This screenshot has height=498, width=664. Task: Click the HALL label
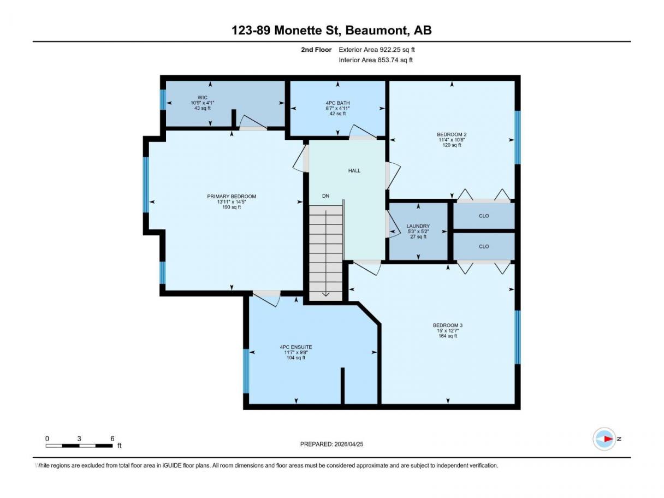(354, 170)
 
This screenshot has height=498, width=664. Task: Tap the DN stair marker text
(325, 196)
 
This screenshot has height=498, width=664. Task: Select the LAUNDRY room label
(418, 226)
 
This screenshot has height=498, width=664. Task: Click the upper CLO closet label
(484, 216)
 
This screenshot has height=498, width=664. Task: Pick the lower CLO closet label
(484, 246)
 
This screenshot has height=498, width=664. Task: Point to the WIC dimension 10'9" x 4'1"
(203, 103)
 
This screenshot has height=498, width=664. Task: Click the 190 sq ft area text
(232, 207)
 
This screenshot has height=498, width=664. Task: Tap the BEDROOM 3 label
(448, 325)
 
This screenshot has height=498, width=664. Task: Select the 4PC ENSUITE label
(296, 347)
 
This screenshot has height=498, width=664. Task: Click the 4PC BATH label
(337, 103)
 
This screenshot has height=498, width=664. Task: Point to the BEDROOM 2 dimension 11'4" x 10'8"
(452, 140)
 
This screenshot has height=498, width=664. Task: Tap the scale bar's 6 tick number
(112, 438)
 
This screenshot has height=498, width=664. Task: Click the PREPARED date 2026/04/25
(349, 444)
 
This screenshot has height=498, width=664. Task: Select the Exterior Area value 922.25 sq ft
(397, 50)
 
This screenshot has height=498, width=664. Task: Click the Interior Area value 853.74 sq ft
(395, 60)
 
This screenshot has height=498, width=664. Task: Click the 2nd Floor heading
(316, 50)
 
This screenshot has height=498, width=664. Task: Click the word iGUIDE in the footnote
(172, 465)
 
